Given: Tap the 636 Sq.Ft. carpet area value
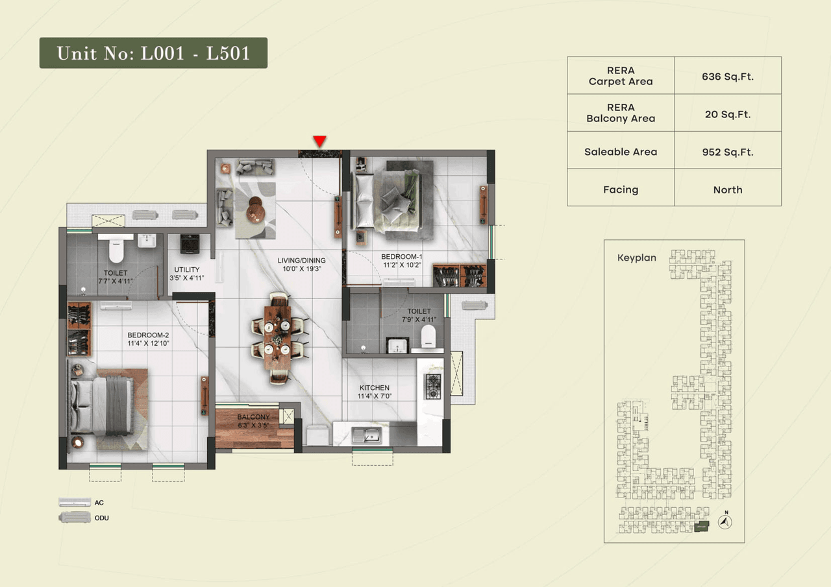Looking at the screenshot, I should [x=727, y=76].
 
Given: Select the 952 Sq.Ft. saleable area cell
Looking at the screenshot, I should [x=727, y=152].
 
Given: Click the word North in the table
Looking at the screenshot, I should [x=727, y=189].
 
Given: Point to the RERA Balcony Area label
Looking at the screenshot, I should [x=621, y=113].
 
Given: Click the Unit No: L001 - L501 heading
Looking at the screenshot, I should [x=153, y=53].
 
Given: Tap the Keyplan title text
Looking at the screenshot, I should [x=636, y=258].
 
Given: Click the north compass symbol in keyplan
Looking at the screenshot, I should [x=725, y=521].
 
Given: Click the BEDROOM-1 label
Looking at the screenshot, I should [x=402, y=256].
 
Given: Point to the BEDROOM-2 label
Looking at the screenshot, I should [x=148, y=335].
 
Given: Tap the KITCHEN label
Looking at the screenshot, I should [x=374, y=387].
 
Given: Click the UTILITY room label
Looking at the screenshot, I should [x=186, y=269].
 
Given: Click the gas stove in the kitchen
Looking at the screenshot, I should [x=432, y=386].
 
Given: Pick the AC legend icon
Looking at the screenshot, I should [x=75, y=502].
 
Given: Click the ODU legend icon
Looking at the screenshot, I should [x=75, y=517].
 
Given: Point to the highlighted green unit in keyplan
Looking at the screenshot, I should [x=701, y=527].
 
